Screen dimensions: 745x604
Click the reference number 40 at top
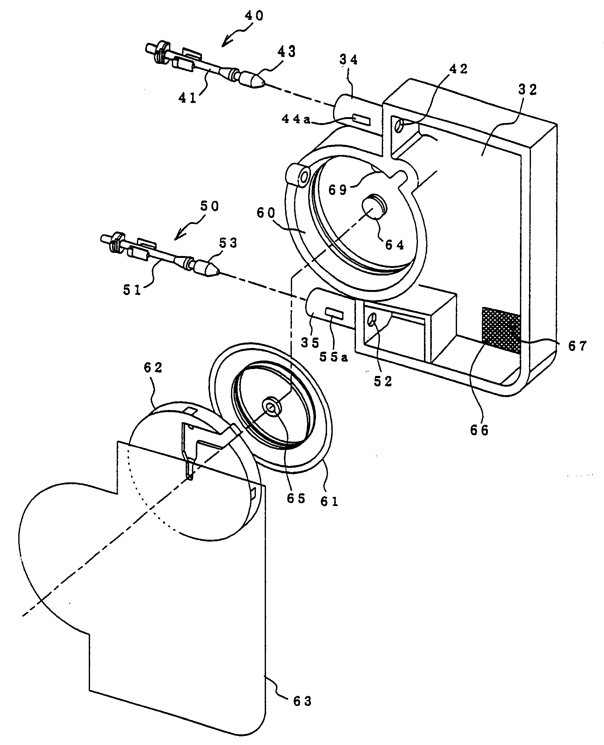254,16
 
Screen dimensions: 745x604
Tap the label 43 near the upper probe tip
286,52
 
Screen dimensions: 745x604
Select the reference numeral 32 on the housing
528,90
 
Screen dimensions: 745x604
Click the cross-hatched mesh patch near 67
501,330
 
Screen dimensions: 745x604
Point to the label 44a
296,119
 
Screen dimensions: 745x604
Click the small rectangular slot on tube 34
362,119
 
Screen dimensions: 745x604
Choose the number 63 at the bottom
302,702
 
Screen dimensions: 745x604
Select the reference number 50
209,207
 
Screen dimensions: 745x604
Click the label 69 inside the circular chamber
338,190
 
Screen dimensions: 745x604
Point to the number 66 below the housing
479,431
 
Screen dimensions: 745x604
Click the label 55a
334,357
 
